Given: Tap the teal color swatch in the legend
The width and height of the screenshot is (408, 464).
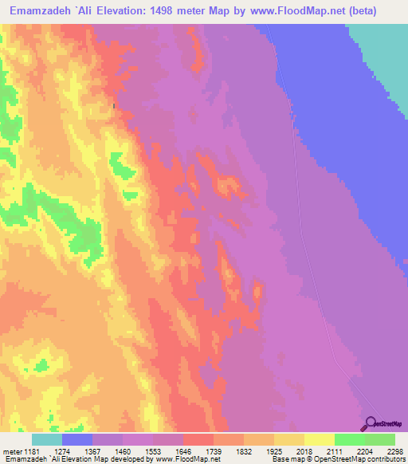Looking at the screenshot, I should point(47,439).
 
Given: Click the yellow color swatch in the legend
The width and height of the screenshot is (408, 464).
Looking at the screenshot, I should point(319,439).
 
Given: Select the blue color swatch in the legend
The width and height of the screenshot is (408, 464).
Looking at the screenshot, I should point(77,439).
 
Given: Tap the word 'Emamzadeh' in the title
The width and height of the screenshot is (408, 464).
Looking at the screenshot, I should point(38,11).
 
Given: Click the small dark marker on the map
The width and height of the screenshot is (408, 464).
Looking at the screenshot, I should point(115,106).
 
